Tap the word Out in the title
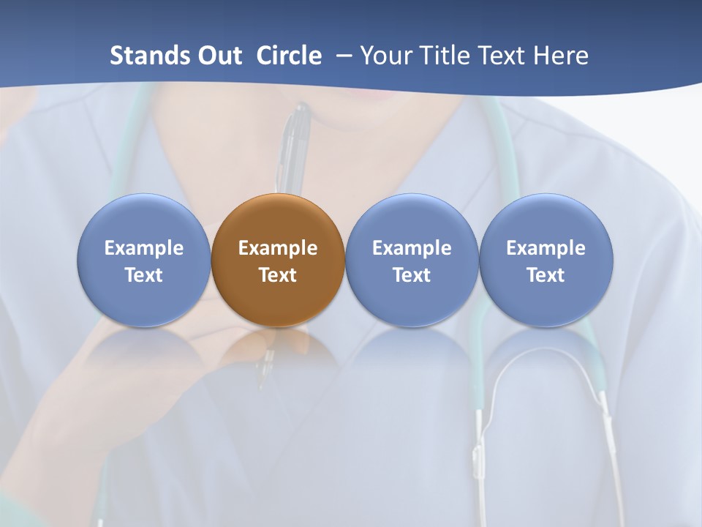pyautogui.click(x=218, y=56)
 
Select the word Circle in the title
pyautogui.click(x=289, y=56)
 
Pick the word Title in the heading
pyautogui.click(x=445, y=56)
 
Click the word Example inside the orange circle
pyautogui.click(x=278, y=248)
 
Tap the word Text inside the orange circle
pyautogui.click(x=278, y=275)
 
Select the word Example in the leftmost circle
pyautogui.click(x=143, y=248)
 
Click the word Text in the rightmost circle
pyautogui.click(x=546, y=275)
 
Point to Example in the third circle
pyautogui.click(x=412, y=248)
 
